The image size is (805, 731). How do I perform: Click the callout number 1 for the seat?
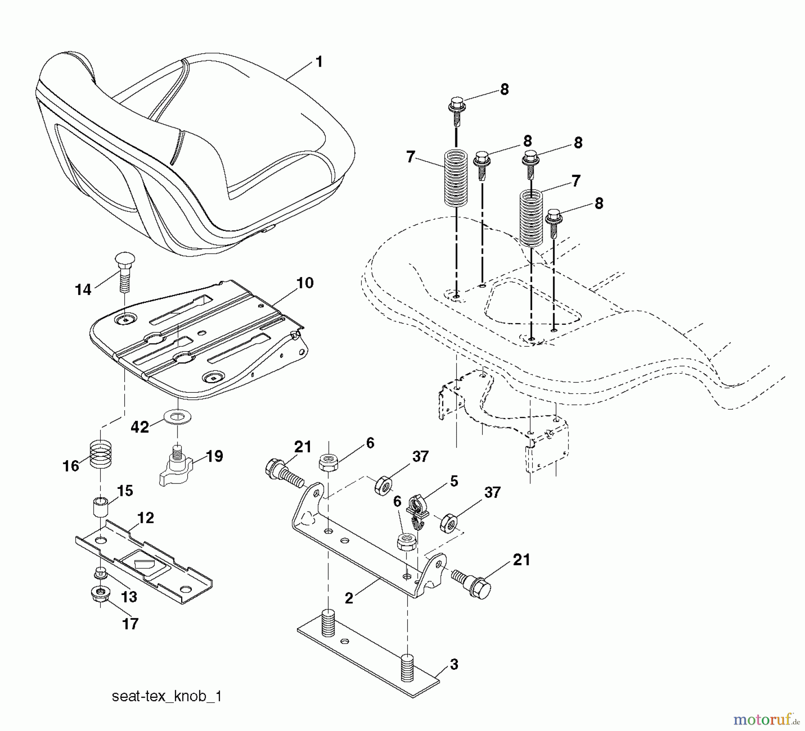pos(319,62)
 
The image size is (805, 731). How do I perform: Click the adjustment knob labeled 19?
pos(177,469)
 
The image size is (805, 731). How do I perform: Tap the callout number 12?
pos(146,518)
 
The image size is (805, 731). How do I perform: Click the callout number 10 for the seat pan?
pos(305,283)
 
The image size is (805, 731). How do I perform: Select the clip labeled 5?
pos(418,511)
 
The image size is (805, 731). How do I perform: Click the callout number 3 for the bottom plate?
pos(454,664)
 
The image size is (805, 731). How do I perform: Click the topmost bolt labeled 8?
pos(457,110)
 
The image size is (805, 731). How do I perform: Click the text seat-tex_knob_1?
pos(166,697)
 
